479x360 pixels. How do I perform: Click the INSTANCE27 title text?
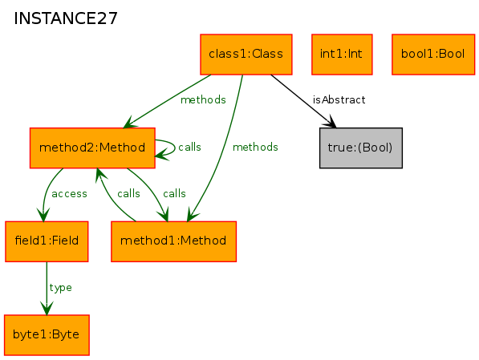pyautogui.click(x=66, y=18)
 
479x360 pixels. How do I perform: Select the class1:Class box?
pyautogui.click(x=246, y=55)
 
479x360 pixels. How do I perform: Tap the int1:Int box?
pyautogui.click(x=342, y=55)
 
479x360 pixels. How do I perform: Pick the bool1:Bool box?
pyautogui.click(x=433, y=55)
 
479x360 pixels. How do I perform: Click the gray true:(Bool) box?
pyautogui.click(x=361, y=148)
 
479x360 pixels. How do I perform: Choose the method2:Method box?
pyautogui.click(x=92, y=148)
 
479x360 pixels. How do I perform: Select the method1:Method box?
pyautogui.click(x=173, y=241)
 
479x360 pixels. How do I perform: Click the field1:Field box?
pyautogui.click(x=47, y=241)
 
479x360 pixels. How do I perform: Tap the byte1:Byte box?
pyautogui.click(x=47, y=335)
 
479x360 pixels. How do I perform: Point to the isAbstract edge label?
pyautogui.click(x=339, y=100)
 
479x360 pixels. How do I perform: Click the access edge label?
pyautogui.click(x=69, y=194)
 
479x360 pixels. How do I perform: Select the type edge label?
pyautogui.click(x=60, y=288)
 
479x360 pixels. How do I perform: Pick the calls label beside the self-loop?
pyautogui.click(x=189, y=148)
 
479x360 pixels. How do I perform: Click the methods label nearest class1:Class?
pyautogui.click(x=203, y=100)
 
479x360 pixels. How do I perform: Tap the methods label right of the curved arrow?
pyautogui.click(x=255, y=148)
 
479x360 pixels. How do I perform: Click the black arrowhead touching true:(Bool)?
pyautogui.click(x=331, y=122)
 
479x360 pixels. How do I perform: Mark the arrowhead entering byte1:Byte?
pyautogui.click(x=47, y=308)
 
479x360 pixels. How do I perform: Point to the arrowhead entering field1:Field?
pyautogui.click(x=43, y=215)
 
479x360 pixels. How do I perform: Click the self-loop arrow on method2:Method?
pyautogui.click(x=174, y=148)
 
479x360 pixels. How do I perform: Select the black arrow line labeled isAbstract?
pyautogui.click(x=303, y=101)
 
